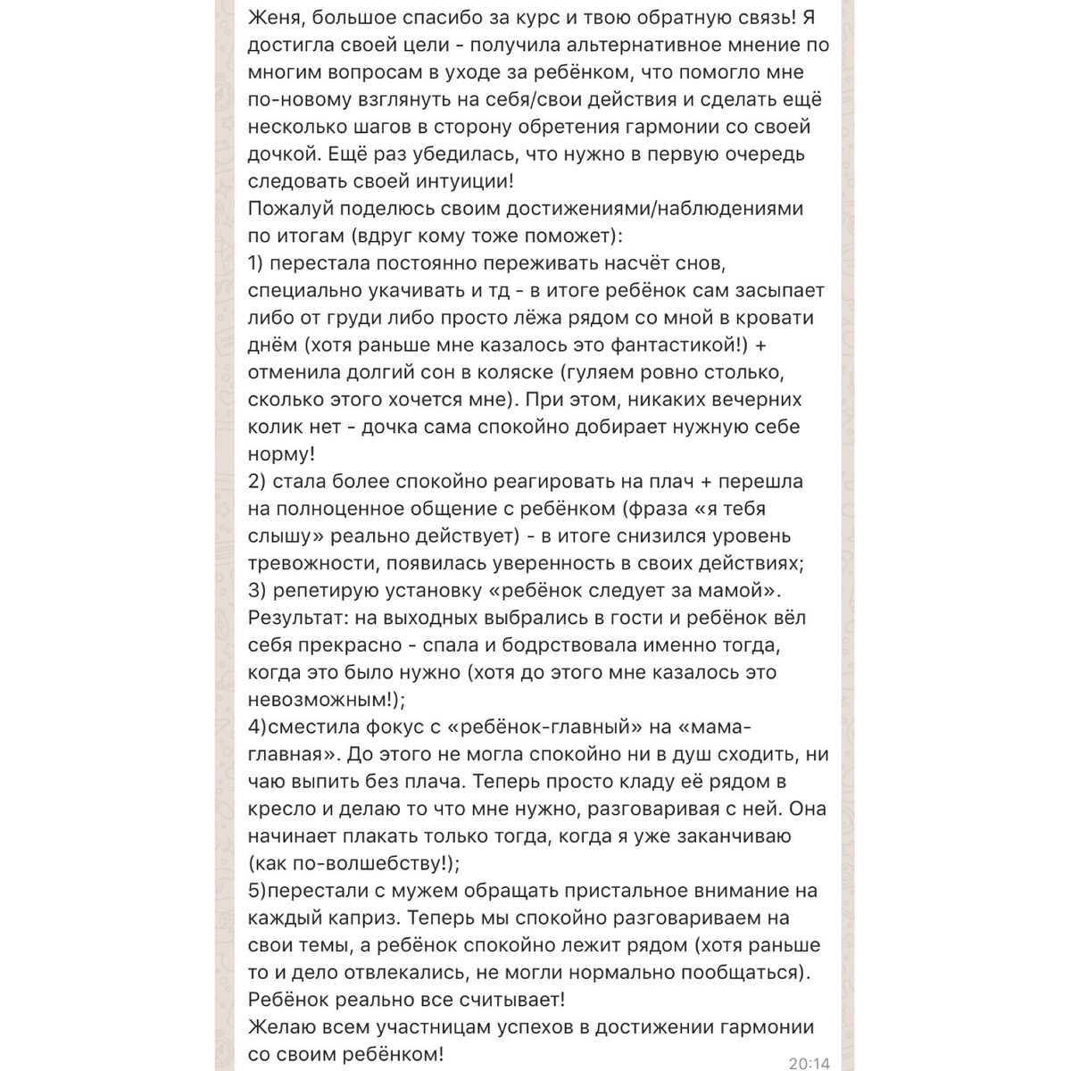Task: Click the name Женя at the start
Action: pyautogui.click(x=275, y=18)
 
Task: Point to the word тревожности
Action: pyautogui.click(x=309, y=563)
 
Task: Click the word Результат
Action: pyautogui.click(x=295, y=618)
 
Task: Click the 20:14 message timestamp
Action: pyautogui.click(x=809, y=1063)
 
